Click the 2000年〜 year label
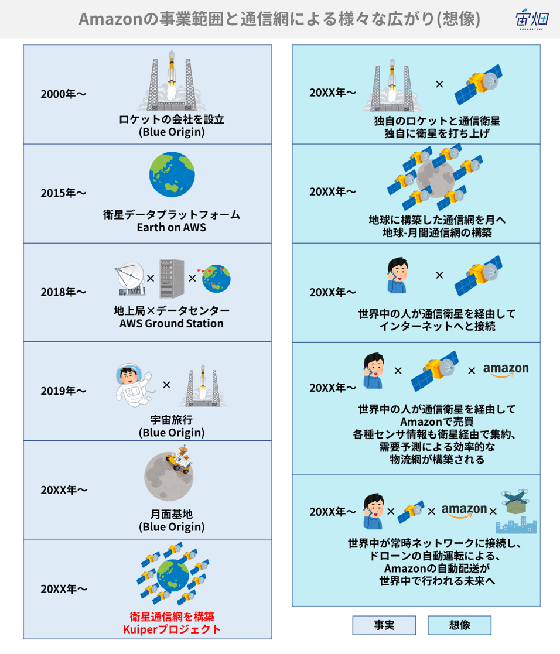point(63,94)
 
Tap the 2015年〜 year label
point(63,193)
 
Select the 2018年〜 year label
point(63,292)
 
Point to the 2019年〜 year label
point(63,391)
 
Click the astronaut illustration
point(133,385)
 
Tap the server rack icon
point(172,278)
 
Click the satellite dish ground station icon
point(129,279)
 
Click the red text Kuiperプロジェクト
point(172,629)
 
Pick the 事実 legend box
point(384,625)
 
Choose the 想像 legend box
point(459,625)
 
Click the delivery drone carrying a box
point(515,502)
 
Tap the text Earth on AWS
point(172,227)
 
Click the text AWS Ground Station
point(172,323)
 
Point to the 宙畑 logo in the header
point(532,19)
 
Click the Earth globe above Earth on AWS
point(172,174)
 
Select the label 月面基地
point(172,514)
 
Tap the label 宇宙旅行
point(172,420)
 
